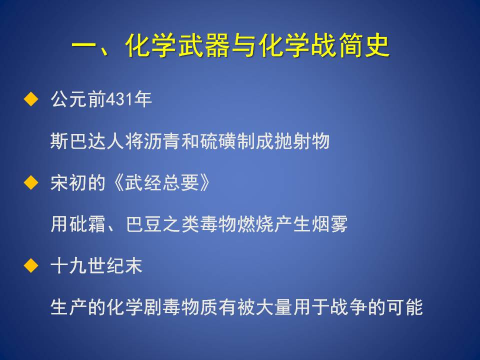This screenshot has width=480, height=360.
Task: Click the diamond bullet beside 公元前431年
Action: (31, 99)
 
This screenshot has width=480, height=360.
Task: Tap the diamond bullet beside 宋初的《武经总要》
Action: (31, 182)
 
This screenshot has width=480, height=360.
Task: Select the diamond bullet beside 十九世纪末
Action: (31, 265)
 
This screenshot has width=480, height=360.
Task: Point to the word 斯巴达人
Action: (87, 141)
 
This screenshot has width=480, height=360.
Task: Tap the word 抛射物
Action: (302, 141)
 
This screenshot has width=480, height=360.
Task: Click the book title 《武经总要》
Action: (161, 183)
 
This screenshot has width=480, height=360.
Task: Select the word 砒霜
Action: (87, 224)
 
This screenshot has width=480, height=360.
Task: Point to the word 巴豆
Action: (144, 224)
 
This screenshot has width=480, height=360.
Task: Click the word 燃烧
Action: (255, 224)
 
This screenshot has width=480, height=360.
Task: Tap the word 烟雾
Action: (329, 224)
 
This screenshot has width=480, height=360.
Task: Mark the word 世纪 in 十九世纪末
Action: (106, 265)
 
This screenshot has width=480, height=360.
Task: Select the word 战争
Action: (348, 307)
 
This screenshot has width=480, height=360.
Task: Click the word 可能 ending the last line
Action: (404, 307)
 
